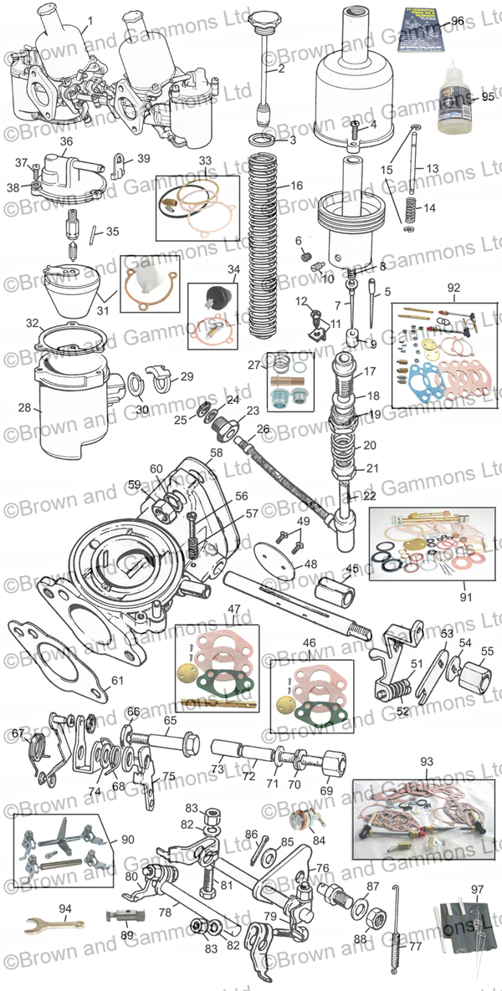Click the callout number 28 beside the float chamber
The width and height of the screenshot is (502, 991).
pyautogui.click(x=24, y=408)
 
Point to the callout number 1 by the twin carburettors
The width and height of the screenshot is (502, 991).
pyautogui.click(x=90, y=19)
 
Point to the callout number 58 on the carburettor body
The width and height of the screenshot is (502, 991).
pyautogui.click(x=217, y=452)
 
